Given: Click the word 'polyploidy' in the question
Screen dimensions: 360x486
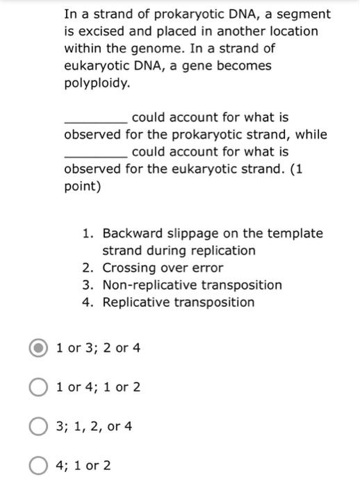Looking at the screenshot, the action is tap(95, 83).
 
